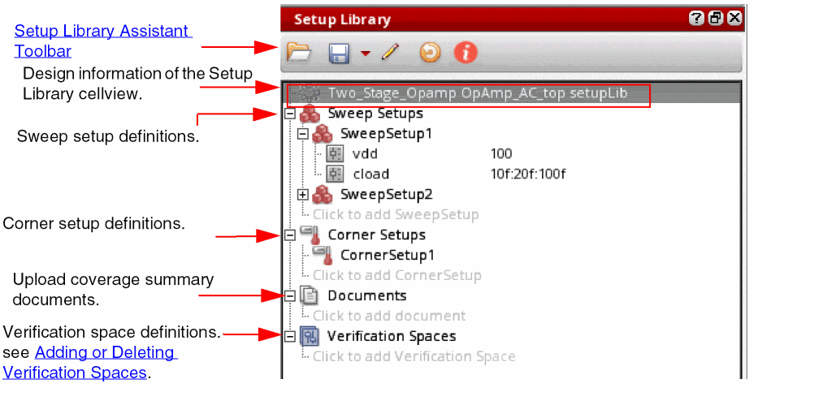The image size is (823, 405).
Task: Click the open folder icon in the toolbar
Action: click(299, 53)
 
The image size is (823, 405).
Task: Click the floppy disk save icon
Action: click(339, 54)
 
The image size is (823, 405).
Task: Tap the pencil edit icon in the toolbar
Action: click(390, 53)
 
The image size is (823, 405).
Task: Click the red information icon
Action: click(466, 53)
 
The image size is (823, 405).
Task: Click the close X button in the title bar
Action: click(734, 19)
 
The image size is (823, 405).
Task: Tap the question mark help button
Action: click(696, 19)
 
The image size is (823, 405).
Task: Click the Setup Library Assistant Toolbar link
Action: click(103, 41)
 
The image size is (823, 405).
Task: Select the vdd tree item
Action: click(366, 153)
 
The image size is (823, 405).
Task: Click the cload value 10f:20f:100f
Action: click(528, 174)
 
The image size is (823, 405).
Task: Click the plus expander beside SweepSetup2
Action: click(302, 195)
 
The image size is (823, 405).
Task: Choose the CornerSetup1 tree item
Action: click(388, 256)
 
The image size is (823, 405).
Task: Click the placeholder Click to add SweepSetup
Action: click(396, 214)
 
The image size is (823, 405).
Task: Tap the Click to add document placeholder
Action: click(389, 316)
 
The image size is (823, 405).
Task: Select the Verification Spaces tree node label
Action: click(392, 336)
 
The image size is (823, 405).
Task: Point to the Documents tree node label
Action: click(367, 296)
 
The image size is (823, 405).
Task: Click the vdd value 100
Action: click(501, 153)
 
